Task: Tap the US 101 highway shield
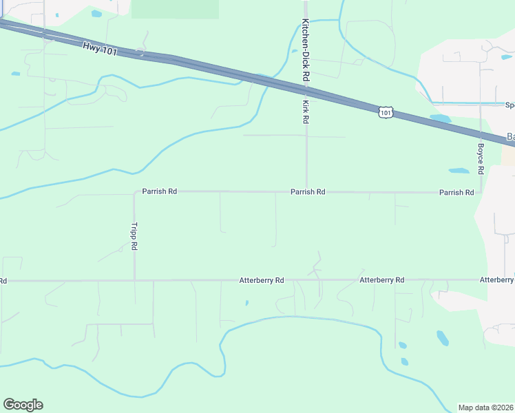point(386,112)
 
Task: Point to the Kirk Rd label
point(305,112)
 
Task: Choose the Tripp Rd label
point(135,236)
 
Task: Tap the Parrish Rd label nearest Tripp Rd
point(160,191)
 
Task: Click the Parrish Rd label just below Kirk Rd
point(308,192)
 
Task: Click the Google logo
point(23,405)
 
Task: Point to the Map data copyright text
point(486,407)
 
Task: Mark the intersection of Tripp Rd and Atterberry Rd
point(134,281)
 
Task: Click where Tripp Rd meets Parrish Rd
point(134,193)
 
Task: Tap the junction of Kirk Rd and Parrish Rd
point(306,192)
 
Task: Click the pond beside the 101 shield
point(439,118)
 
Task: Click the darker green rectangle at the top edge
point(175,9)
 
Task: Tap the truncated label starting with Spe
point(509,105)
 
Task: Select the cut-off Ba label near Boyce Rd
point(510,136)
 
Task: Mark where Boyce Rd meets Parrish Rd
point(481,193)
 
